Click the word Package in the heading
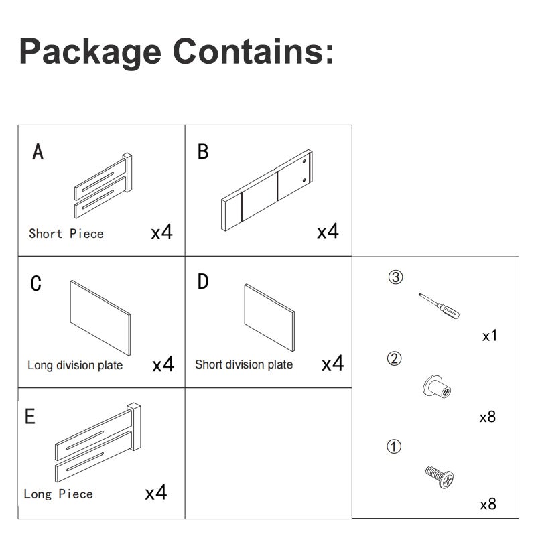click(90, 52)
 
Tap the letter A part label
click(38, 151)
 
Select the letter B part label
click(203, 151)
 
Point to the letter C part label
click(36, 283)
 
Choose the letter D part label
click(203, 281)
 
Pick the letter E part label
click(30, 416)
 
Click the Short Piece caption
click(66, 233)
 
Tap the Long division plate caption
click(75, 365)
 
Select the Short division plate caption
click(244, 364)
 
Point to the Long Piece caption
click(58, 494)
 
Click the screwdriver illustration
click(440, 306)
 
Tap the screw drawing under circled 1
click(440, 477)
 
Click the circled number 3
click(395, 277)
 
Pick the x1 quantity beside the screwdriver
click(490, 336)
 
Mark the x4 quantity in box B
click(328, 231)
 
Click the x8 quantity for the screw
click(488, 504)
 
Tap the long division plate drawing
click(100, 318)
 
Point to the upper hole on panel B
click(304, 161)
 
